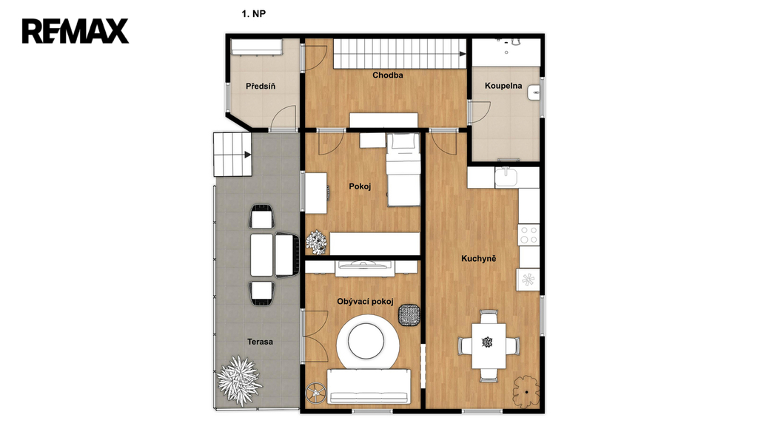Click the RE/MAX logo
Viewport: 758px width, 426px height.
[x=76, y=31]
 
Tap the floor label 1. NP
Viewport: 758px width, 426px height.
[x=253, y=14]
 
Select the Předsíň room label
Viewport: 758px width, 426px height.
[x=261, y=87]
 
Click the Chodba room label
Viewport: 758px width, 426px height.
[x=388, y=75]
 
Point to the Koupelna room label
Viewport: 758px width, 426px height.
[x=503, y=86]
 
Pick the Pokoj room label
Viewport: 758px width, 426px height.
[x=360, y=186]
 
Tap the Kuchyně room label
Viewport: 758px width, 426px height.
[x=479, y=258]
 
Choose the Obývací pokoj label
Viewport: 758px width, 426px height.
[x=365, y=302]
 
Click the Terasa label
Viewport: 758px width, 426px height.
[x=260, y=342]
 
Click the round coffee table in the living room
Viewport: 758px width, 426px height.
[x=368, y=341]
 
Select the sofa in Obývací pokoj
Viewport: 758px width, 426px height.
[x=369, y=386]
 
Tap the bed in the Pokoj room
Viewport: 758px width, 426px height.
[x=403, y=169]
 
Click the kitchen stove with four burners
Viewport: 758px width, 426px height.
[x=529, y=235]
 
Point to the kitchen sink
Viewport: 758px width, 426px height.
[x=506, y=177]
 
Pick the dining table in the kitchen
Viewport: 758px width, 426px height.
[x=489, y=345]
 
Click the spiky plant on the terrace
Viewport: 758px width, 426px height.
[x=239, y=380]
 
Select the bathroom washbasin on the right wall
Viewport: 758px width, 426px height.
[x=534, y=92]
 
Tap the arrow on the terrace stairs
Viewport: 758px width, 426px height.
[x=247, y=155]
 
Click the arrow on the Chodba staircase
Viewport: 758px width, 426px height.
[x=463, y=54]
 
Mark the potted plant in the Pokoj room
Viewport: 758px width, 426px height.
[x=316, y=242]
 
